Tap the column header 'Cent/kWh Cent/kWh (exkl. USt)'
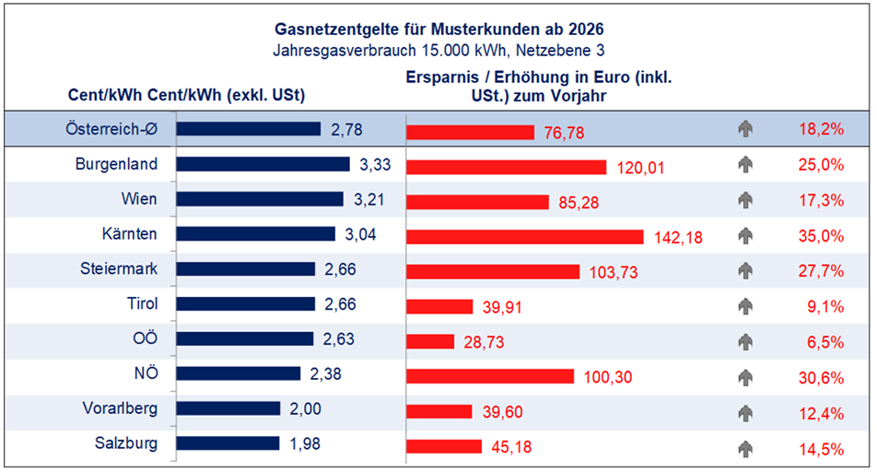pos(187,95)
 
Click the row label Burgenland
pos(116,164)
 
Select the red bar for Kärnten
pos(524,236)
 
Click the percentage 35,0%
pos(822,236)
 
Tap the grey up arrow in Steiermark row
pos(745,271)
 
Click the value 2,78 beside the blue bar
pos(346,130)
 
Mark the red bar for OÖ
pos(430,341)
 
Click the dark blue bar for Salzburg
pos(228,443)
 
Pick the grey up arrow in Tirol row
pos(745,306)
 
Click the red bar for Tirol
pos(439,306)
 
